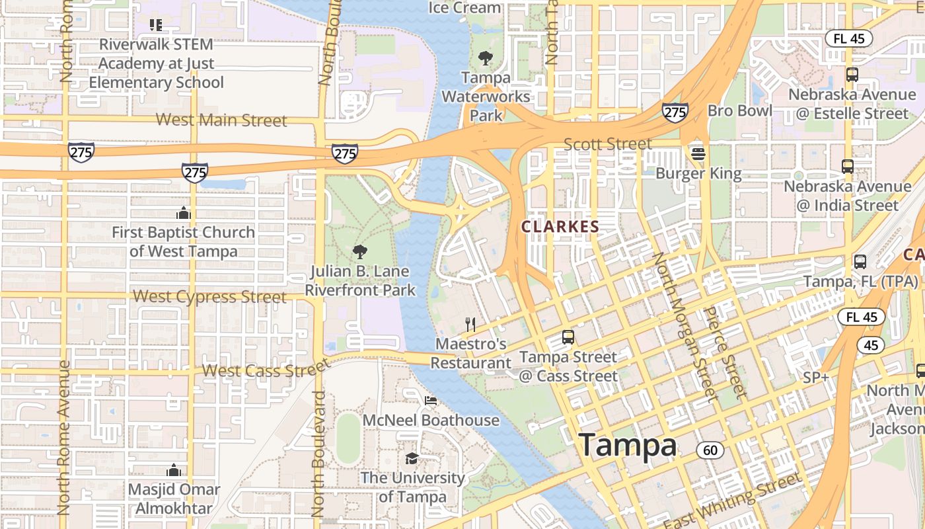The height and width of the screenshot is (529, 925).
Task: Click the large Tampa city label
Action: pyautogui.click(x=628, y=445)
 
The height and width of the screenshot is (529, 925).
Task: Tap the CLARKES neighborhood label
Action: pyautogui.click(x=560, y=227)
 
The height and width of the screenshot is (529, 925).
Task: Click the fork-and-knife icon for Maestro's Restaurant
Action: pyautogui.click(x=470, y=324)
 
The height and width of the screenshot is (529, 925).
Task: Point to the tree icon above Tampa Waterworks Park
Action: pyautogui.click(x=486, y=58)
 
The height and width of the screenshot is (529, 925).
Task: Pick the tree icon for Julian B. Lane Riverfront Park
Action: pyautogui.click(x=360, y=251)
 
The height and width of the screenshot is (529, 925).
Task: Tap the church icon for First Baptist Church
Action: pyautogui.click(x=184, y=213)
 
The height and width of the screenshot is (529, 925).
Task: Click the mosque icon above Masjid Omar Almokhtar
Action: pyautogui.click(x=174, y=470)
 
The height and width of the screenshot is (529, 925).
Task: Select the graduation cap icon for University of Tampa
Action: pyautogui.click(x=412, y=458)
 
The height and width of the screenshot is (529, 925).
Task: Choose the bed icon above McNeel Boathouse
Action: pyautogui.click(x=431, y=401)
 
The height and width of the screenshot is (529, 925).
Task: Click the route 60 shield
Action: pyautogui.click(x=710, y=451)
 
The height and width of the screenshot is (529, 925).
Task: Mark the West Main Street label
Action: pyautogui.click(x=221, y=120)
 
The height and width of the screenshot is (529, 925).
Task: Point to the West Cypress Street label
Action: pyautogui.click(x=209, y=296)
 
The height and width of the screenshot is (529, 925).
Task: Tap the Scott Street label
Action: pyautogui.click(x=607, y=144)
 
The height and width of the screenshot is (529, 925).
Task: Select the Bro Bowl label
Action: pyautogui.click(x=739, y=110)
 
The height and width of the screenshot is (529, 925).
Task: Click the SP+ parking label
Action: pyautogui.click(x=816, y=378)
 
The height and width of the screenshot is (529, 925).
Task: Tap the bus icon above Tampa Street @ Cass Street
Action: pyautogui.click(x=568, y=337)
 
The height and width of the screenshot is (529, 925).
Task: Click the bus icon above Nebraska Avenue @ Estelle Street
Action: pyautogui.click(x=852, y=75)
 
